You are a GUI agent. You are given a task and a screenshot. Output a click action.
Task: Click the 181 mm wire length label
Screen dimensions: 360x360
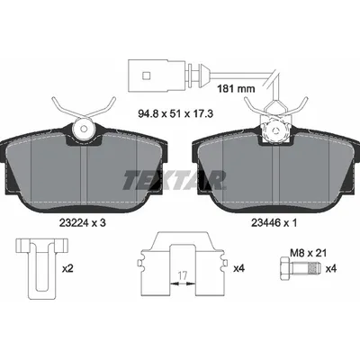(x=236, y=89)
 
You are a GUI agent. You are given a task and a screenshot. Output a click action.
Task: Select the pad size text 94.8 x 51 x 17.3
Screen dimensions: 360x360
(x=175, y=114)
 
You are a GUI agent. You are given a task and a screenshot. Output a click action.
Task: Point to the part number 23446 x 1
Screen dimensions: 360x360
(x=274, y=222)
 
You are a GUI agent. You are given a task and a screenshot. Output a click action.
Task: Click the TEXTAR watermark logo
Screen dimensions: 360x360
(x=174, y=180)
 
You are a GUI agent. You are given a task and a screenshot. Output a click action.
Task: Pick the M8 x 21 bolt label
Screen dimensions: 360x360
(x=308, y=253)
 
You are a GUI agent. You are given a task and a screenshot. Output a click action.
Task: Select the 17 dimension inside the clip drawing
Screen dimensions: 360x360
(x=183, y=274)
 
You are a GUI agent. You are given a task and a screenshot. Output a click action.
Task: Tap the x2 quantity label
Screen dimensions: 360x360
(x=67, y=268)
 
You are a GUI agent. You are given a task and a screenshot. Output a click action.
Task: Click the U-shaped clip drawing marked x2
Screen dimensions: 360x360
(x=41, y=265)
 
